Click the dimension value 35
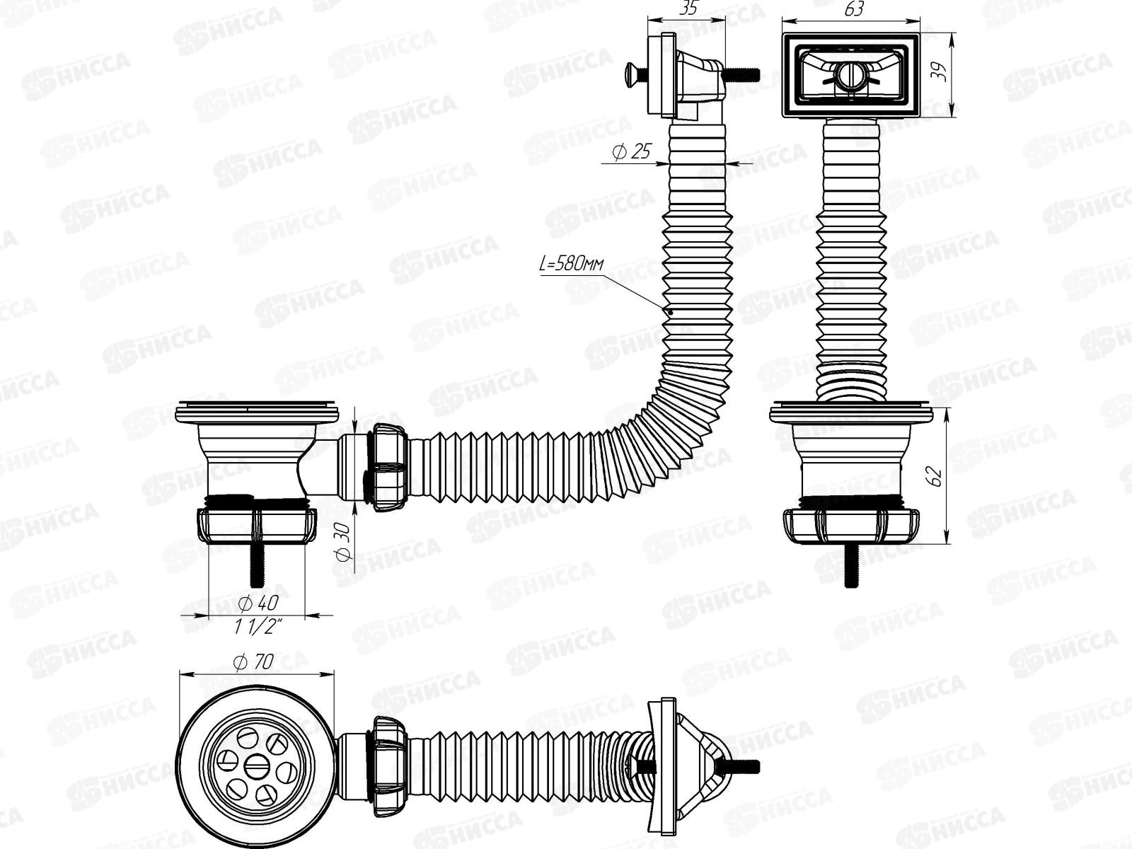[688, 9]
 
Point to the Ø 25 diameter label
[631, 151]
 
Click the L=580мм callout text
[571, 265]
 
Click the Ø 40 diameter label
[258, 603]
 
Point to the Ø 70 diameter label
[253, 662]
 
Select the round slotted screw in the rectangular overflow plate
[849, 75]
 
